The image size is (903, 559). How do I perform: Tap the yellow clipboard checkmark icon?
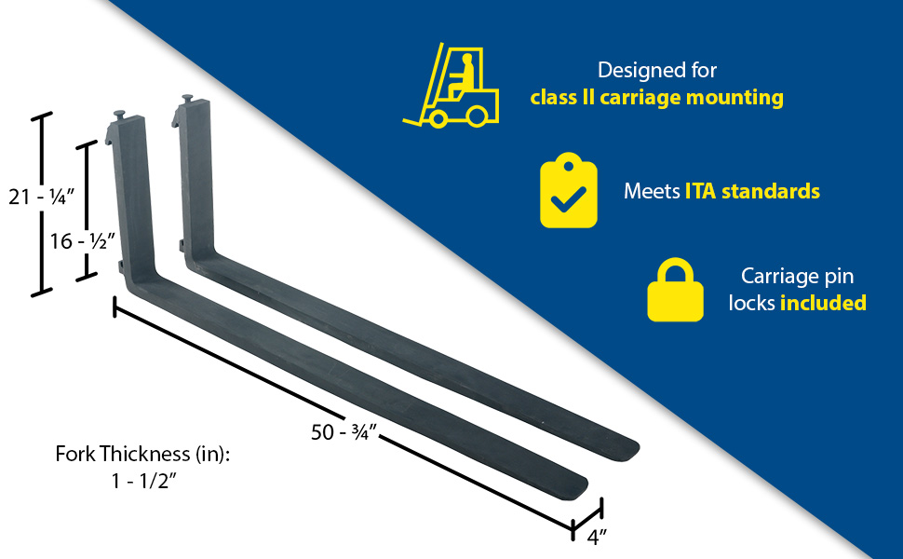coord(569,190)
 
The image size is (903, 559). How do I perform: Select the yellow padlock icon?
coord(675,290)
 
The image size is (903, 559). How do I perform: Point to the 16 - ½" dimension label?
coord(82,241)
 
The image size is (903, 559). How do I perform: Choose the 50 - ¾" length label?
coord(344,431)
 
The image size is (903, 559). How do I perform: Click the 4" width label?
coord(597,537)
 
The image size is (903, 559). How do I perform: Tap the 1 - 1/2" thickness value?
coord(143,480)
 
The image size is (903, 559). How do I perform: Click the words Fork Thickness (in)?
coord(142,454)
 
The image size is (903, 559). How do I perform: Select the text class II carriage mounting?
coord(656,97)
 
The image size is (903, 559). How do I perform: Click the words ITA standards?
coord(752,191)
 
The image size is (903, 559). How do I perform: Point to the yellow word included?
coord(823,303)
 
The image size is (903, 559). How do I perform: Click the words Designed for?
coord(657,70)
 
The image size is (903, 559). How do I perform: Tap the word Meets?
coord(652,191)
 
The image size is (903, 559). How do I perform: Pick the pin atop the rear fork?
coord(188,99)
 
